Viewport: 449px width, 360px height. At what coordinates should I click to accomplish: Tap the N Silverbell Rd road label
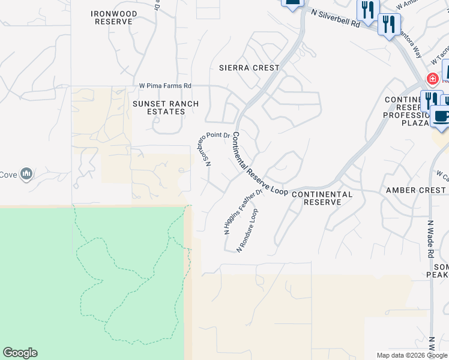pos(336,18)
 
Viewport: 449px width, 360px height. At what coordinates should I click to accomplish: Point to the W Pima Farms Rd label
pos(165,86)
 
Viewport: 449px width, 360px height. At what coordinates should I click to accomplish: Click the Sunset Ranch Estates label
pos(158,107)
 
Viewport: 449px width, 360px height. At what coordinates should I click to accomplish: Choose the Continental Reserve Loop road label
pos(260,164)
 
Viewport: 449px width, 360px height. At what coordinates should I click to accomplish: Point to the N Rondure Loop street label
pos(249,230)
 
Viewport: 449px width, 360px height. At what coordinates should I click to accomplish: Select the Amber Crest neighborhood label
pos(416,190)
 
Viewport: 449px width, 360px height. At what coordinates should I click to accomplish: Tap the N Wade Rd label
pos(430,239)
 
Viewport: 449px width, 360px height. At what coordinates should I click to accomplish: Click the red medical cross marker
pos(432,79)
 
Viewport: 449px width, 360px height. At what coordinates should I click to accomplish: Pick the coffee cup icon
pos(441,118)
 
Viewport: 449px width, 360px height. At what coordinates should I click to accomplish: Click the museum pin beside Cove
pos(26,174)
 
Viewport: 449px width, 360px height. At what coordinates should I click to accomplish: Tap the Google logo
pos(20,353)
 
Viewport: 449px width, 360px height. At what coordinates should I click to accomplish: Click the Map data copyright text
pos(411,355)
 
